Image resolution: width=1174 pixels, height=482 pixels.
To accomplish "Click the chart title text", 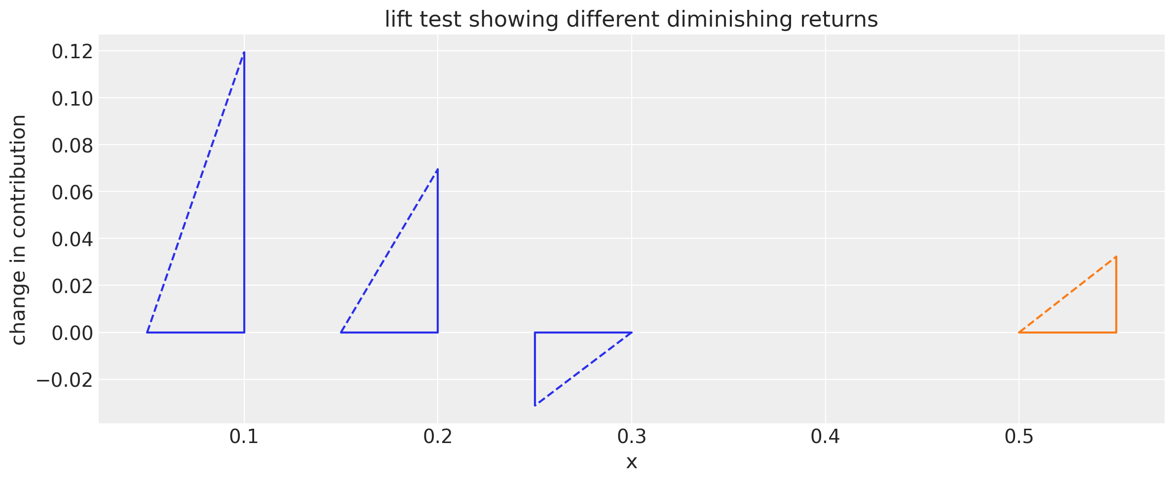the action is tap(631, 20).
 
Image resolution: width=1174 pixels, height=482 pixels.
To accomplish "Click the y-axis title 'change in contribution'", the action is tap(19, 230).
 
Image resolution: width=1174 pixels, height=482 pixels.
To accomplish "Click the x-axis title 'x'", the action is tap(632, 462).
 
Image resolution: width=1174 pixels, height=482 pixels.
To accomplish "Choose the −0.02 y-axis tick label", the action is tap(65, 380).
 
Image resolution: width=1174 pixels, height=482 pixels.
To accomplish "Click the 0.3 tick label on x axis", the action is tap(632, 437).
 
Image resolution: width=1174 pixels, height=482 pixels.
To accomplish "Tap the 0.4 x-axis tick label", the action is tap(826, 437).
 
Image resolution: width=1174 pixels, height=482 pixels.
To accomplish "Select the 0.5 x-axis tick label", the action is tap(1020, 437).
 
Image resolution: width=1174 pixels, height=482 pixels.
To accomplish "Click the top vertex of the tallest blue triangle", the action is tap(244, 52).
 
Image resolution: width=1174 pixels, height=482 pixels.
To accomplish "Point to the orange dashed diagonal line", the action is tap(1067, 295).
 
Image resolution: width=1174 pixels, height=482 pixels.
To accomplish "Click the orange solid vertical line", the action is tap(1116, 295).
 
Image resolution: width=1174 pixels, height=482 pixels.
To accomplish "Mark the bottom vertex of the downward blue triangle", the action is tap(535, 406).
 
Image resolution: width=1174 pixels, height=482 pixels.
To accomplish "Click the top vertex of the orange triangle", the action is tap(1116, 257).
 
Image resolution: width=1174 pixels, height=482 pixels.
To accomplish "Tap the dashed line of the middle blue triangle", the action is tap(389, 251).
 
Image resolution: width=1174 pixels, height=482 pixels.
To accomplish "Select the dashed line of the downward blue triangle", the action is tap(583, 369).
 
